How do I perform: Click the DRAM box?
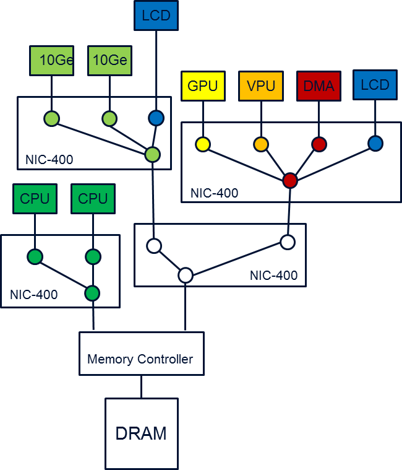(x=141, y=433)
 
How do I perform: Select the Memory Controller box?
(x=141, y=354)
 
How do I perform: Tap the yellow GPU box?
(x=202, y=86)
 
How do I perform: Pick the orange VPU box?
(x=260, y=86)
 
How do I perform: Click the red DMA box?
(x=319, y=86)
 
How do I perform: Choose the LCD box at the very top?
(x=156, y=15)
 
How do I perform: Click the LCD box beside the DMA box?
(x=375, y=85)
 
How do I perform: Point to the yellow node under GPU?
(x=202, y=144)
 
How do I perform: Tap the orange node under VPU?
(x=261, y=144)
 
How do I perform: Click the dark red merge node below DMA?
(x=290, y=180)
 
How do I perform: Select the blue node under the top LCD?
(x=156, y=118)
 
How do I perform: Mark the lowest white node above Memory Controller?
(x=186, y=276)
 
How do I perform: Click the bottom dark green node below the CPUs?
(x=93, y=292)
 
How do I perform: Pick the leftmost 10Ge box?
(x=51, y=60)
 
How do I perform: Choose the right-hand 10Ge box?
(x=109, y=60)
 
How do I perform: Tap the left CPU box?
(x=35, y=199)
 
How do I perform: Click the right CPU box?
(x=93, y=199)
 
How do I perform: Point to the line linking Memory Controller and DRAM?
(x=141, y=386)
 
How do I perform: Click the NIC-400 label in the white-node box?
(x=273, y=275)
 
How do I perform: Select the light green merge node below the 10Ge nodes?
(x=152, y=154)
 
